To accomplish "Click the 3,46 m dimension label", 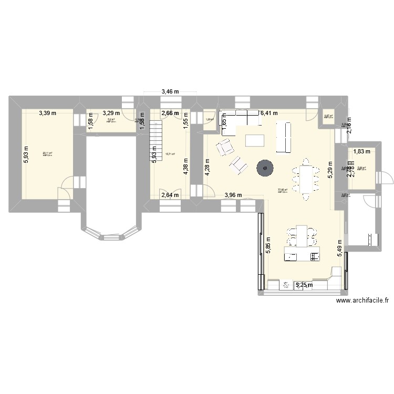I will (x=170, y=91).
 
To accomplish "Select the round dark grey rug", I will (x=265, y=168).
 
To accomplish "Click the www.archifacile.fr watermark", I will (x=362, y=300).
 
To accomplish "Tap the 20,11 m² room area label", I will (x=47, y=154).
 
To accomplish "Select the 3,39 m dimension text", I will (x=48, y=112).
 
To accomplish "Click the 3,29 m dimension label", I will (x=111, y=112).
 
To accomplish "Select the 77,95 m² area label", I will (x=283, y=190).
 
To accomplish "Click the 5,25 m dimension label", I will (x=305, y=285).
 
